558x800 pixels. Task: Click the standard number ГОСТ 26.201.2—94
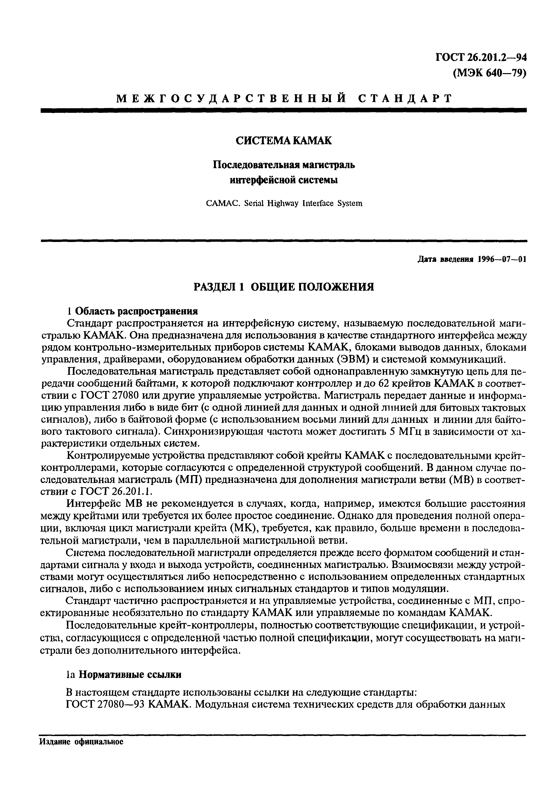pyautogui.click(x=481, y=58)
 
